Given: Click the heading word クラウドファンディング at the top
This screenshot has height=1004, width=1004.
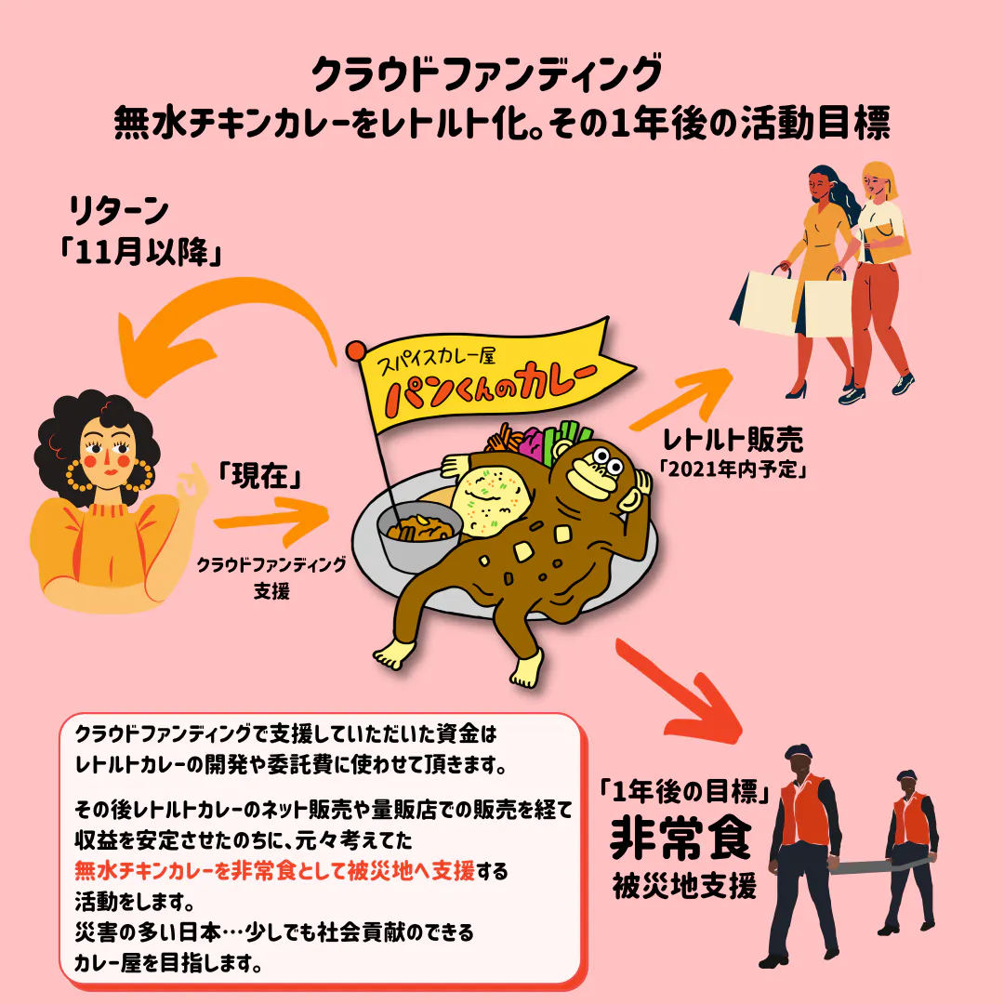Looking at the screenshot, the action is (x=486, y=75).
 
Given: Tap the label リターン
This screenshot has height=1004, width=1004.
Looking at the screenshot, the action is (x=118, y=211).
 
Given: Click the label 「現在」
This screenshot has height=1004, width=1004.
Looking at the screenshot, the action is (x=260, y=476).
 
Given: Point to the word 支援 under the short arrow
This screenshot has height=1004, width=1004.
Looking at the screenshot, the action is (x=271, y=590).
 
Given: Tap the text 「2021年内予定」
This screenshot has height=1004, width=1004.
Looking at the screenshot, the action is (x=733, y=469).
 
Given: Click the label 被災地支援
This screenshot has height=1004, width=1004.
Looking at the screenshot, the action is (x=684, y=886).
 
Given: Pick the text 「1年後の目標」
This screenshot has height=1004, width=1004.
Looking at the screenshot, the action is (x=684, y=792).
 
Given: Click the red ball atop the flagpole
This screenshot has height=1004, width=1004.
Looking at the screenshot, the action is (x=356, y=350).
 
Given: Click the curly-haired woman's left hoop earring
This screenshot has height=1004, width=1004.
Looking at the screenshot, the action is (x=79, y=474).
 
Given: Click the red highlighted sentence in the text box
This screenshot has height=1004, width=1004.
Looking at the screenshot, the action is (x=274, y=871).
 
